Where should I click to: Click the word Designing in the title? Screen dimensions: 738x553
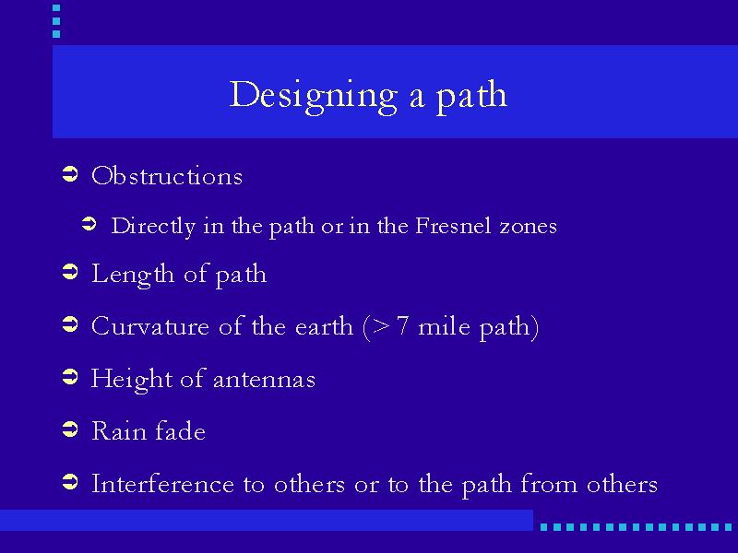(x=314, y=97)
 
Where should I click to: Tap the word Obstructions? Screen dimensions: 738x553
(x=167, y=176)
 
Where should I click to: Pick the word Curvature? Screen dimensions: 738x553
(x=150, y=326)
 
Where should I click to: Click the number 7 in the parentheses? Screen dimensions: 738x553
(x=402, y=326)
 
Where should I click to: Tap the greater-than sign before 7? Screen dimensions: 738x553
(x=380, y=327)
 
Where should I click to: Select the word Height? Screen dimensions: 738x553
(x=132, y=380)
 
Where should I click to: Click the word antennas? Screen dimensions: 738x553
(x=264, y=380)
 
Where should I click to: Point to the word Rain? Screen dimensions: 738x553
(x=119, y=431)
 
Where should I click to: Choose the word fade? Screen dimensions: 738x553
(x=180, y=430)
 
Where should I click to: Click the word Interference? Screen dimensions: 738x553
(x=162, y=483)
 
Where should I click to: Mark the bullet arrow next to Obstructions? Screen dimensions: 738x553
(x=70, y=174)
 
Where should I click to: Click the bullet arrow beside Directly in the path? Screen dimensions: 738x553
(x=89, y=224)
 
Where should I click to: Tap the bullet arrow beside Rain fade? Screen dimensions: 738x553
(x=70, y=429)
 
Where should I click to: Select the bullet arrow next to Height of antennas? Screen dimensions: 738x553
(x=70, y=377)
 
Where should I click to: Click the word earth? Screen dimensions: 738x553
(x=324, y=326)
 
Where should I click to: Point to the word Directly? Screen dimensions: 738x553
(x=153, y=227)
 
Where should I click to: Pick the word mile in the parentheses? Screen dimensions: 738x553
(x=444, y=326)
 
